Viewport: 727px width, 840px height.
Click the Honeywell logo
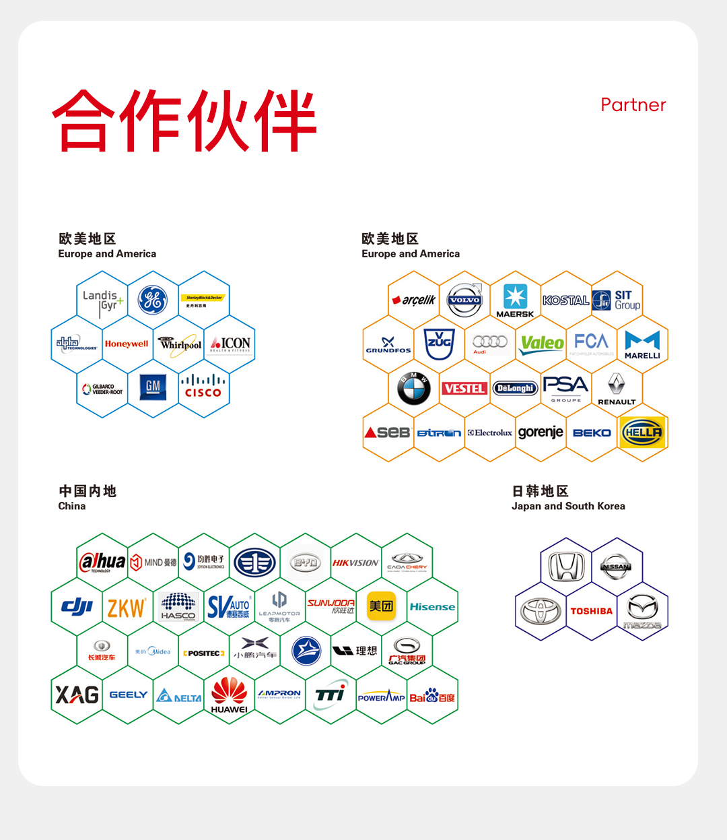point(127,344)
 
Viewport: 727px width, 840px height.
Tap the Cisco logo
point(203,387)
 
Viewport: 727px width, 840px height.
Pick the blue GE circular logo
point(153,300)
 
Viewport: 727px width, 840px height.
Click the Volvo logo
point(464,300)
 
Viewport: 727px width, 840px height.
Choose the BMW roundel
point(414,388)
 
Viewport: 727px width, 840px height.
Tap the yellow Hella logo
point(643,432)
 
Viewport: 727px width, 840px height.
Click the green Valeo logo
point(542,344)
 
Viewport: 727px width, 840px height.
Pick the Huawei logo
point(230,694)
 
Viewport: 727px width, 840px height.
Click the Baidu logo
point(432,696)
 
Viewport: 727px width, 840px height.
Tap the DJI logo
point(77,606)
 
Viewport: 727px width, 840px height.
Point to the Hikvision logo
point(355,562)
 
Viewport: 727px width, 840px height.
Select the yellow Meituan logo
point(381,606)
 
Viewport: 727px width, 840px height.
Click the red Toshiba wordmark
point(592,611)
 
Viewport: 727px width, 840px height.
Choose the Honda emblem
point(567,567)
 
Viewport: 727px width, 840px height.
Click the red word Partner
point(633,105)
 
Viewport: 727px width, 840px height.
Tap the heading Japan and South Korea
point(568,506)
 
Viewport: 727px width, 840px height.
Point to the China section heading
point(72,506)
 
